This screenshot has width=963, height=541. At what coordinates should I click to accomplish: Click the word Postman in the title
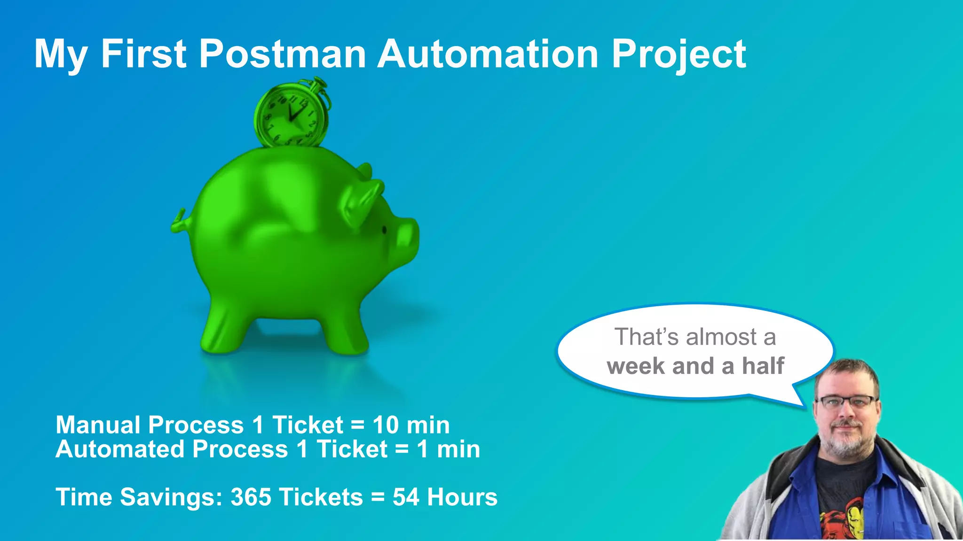[x=282, y=54]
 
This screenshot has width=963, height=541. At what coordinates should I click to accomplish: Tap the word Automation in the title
[x=488, y=54]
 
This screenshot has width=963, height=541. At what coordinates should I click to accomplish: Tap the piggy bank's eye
[x=384, y=230]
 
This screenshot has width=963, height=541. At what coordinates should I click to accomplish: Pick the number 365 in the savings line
[x=251, y=497]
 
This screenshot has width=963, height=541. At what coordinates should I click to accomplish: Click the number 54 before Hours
[x=405, y=497]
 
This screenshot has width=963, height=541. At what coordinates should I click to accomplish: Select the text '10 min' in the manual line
[x=411, y=425]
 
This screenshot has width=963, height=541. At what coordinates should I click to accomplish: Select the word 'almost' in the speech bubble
[x=720, y=337]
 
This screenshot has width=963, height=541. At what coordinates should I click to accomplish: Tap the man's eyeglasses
[x=847, y=402]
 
